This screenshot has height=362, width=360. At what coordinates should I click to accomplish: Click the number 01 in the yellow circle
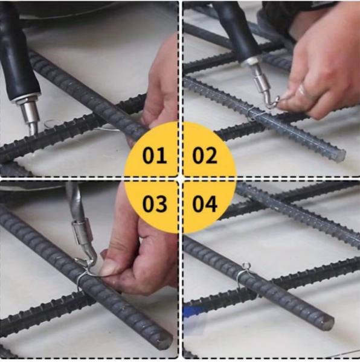(x=155, y=156)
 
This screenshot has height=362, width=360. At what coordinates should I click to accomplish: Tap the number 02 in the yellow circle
(x=205, y=156)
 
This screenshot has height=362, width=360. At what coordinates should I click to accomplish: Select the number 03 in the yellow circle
(x=155, y=204)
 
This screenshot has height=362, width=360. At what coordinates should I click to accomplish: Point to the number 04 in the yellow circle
(x=205, y=204)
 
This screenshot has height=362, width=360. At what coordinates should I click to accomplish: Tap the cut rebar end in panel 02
(x=339, y=156)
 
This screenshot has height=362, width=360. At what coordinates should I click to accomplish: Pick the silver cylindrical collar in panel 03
(x=82, y=233)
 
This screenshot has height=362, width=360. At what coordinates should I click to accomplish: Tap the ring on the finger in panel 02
(x=302, y=90)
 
